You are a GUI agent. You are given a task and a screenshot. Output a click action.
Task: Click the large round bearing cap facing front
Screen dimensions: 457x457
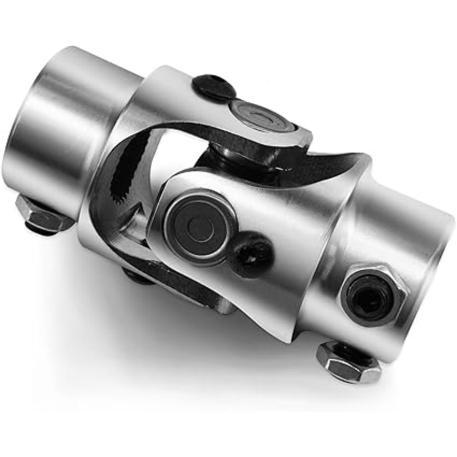click(200, 227)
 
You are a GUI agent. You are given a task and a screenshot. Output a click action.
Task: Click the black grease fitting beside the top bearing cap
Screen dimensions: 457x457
click(214, 88)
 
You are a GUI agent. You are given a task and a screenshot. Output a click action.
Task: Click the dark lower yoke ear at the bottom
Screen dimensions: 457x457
click(194, 291)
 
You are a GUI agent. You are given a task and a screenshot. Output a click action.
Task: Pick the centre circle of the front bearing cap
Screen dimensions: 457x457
click(200, 227)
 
